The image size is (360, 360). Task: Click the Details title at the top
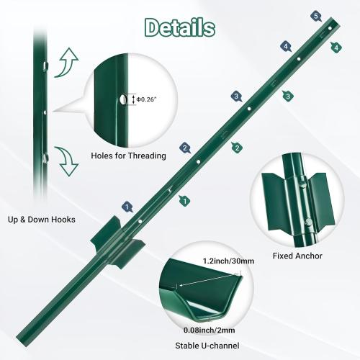(x=179, y=27)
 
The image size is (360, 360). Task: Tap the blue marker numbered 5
(x=316, y=15)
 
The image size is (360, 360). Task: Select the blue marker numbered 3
(x=235, y=96)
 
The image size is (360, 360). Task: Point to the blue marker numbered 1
(x=127, y=207)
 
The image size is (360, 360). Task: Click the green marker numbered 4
(x=336, y=47)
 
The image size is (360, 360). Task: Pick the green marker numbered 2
(x=235, y=148)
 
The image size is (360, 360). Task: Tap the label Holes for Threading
(x=128, y=156)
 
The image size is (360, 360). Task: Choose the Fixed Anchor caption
(x=297, y=256)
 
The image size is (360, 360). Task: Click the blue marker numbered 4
(x=286, y=47)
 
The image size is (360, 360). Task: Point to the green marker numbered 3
(x=287, y=96)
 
